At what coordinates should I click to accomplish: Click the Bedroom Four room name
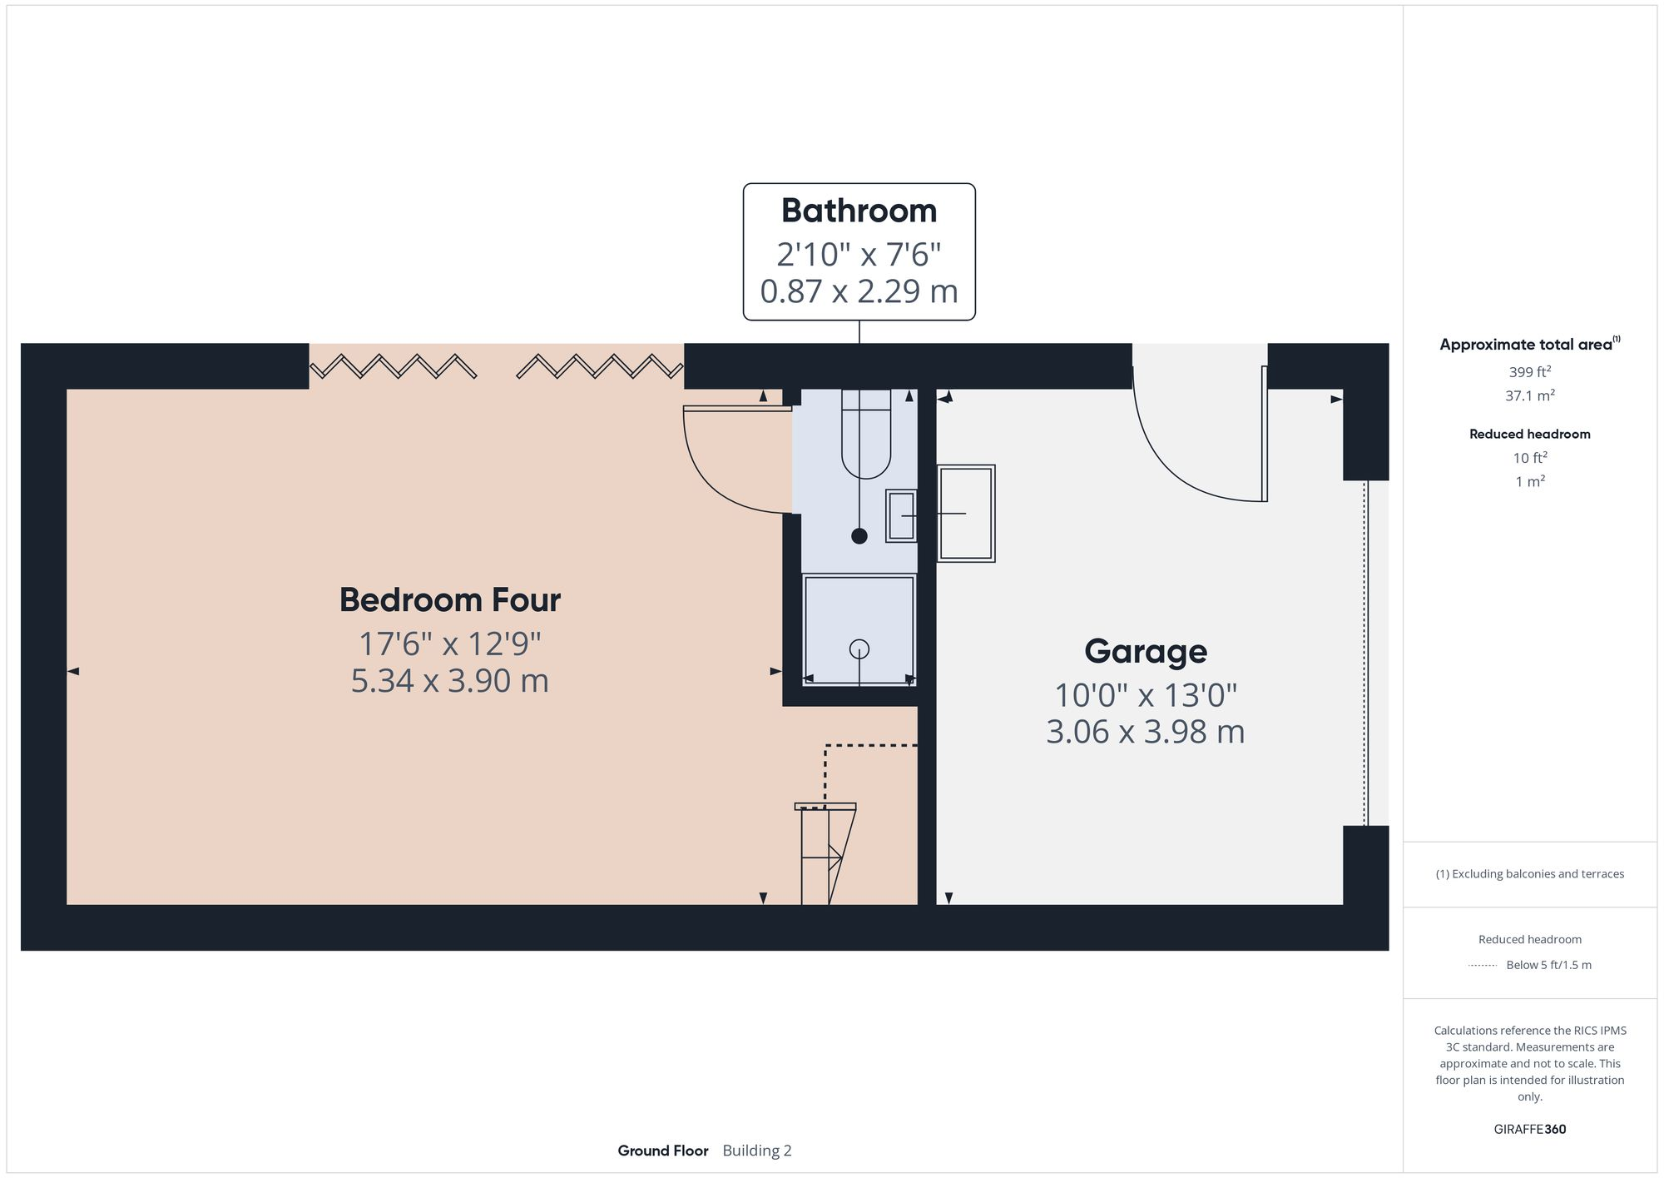tap(449, 600)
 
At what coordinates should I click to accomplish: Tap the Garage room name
tap(1145, 651)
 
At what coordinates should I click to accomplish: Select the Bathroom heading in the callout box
tap(859, 211)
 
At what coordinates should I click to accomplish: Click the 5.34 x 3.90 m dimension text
tap(449, 681)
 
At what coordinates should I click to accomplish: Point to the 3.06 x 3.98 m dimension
tap(1145, 732)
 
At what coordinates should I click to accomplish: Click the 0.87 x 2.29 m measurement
tap(859, 291)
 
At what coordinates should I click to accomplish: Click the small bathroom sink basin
tap(900, 516)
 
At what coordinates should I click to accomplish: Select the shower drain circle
tap(859, 649)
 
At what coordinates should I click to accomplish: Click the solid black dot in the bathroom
tap(859, 536)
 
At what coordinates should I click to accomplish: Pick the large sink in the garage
tap(966, 514)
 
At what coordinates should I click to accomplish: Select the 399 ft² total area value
tap(1529, 372)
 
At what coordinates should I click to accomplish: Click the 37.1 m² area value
tap(1529, 396)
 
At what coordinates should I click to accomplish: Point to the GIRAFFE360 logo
tap(1529, 1130)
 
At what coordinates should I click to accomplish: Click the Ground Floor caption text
tap(662, 1151)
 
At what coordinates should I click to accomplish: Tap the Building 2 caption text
tap(756, 1151)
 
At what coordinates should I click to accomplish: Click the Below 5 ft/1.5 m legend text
tap(1548, 965)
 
